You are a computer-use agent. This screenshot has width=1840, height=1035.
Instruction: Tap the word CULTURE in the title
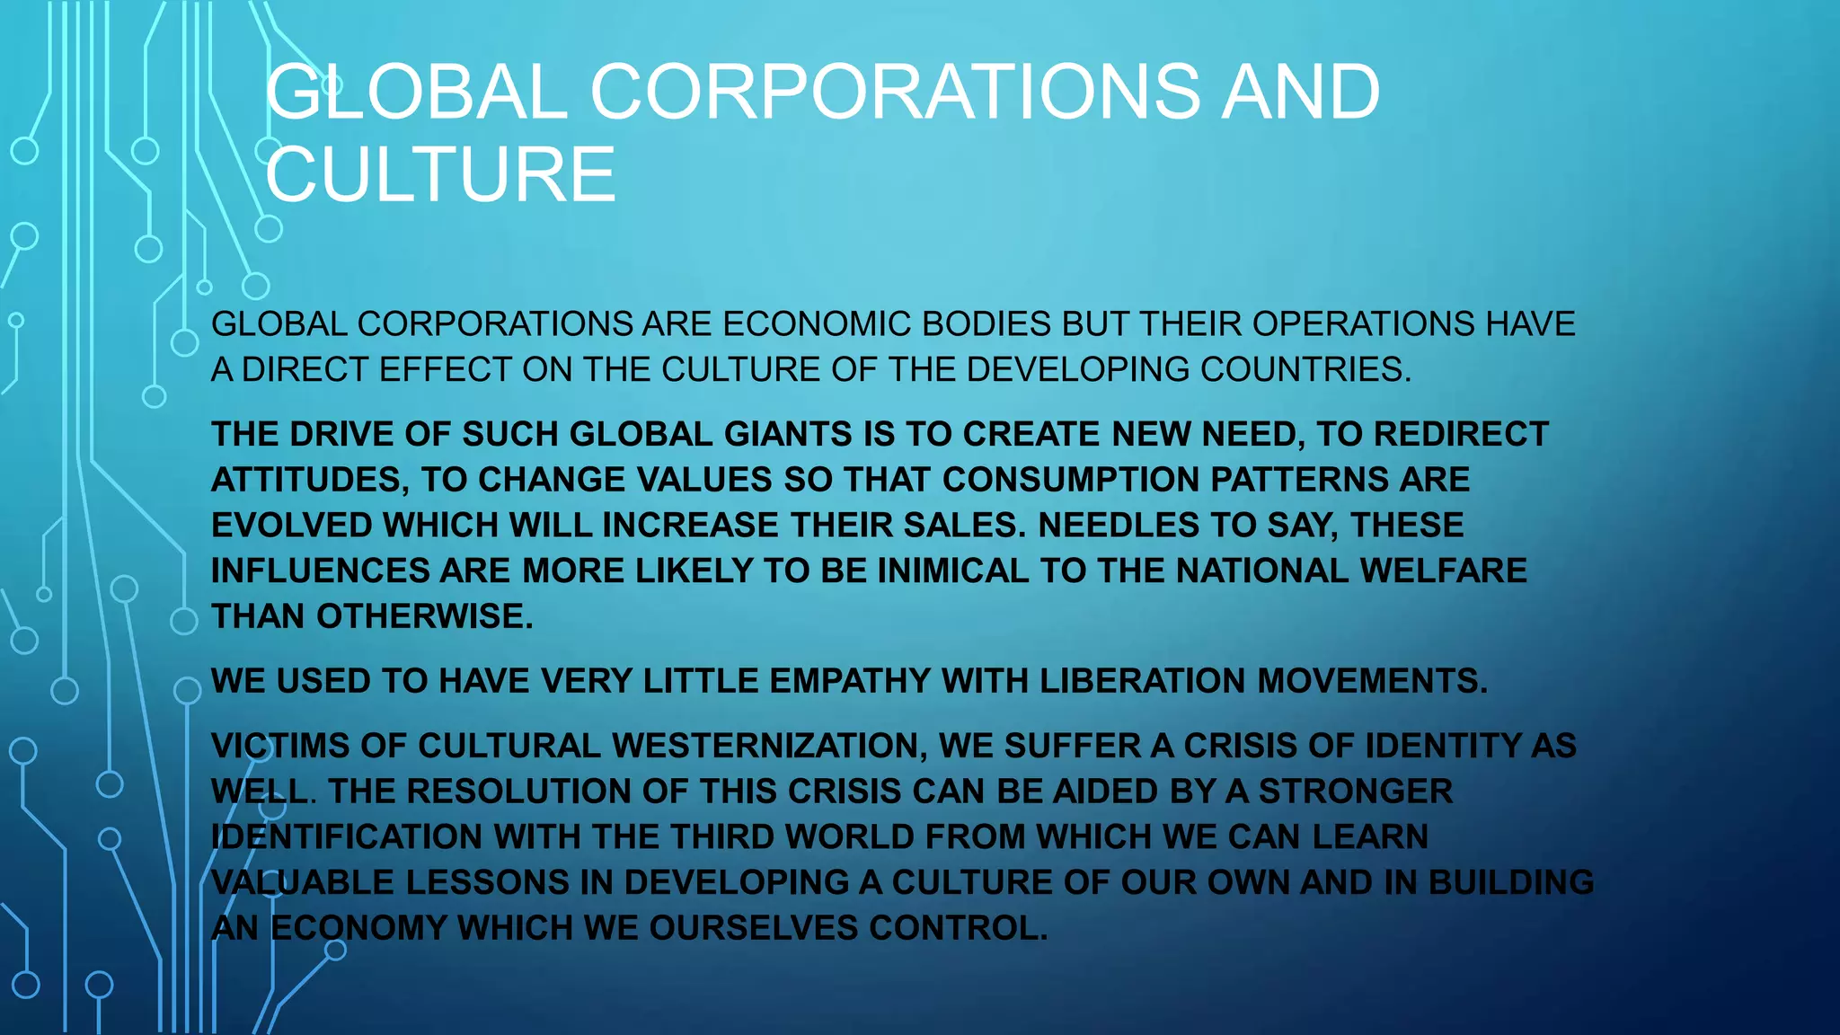tap(440, 174)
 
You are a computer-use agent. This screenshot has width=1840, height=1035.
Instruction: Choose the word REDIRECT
tap(1461, 434)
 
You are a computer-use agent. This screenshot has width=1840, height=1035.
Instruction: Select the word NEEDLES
tap(1118, 526)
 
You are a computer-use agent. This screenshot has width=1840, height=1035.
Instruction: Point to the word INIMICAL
tap(952, 571)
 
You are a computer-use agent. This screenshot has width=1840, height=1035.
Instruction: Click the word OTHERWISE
tap(424, 617)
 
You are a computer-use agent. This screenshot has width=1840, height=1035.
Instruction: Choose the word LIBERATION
tap(1142, 681)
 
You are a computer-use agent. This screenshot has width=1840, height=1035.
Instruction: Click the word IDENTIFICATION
tap(347, 837)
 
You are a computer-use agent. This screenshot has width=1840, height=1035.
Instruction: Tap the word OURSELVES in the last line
tap(753, 928)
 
